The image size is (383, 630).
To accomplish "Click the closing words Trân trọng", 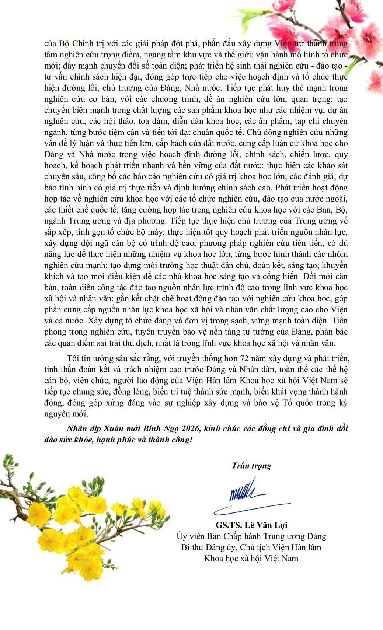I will [x=251, y=466].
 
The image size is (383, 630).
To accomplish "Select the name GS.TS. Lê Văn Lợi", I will [x=251, y=525].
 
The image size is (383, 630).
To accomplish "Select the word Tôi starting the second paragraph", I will [x=73, y=358].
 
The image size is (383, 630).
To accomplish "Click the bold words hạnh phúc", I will [x=125, y=440].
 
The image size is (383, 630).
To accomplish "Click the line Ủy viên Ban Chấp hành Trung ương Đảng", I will [x=251, y=536].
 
